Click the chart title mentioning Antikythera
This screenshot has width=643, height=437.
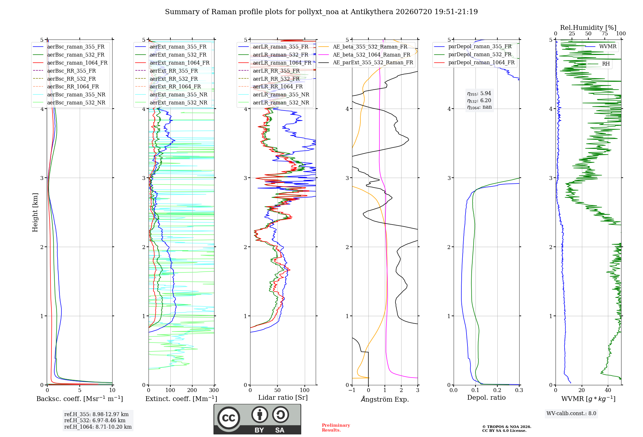[x=321, y=12]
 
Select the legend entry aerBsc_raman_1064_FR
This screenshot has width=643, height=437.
[x=70, y=63]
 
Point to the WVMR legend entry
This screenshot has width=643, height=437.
[x=601, y=47]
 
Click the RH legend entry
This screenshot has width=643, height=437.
[x=598, y=64]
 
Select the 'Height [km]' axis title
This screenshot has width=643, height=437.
[x=35, y=212]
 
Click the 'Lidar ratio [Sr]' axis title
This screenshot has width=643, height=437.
[x=283, y=397]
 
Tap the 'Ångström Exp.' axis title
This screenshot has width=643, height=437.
[x=385, y=399]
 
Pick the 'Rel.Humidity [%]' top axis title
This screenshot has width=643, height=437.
[x=588, y=28]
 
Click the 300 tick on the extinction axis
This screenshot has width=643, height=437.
[x=214, y=390]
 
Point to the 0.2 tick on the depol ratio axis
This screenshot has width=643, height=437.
[x=497, y=390]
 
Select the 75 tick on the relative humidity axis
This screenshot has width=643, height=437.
[x=605, y=33]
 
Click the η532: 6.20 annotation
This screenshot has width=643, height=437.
[x=479, y=101]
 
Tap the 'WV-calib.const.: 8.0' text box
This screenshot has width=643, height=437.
[x=571, y=414]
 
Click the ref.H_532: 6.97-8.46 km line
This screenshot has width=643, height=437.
[x=95, y=420]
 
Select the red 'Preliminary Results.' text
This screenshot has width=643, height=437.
[x=336, y=428]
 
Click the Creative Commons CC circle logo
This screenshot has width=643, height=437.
[x=229, y=418]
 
